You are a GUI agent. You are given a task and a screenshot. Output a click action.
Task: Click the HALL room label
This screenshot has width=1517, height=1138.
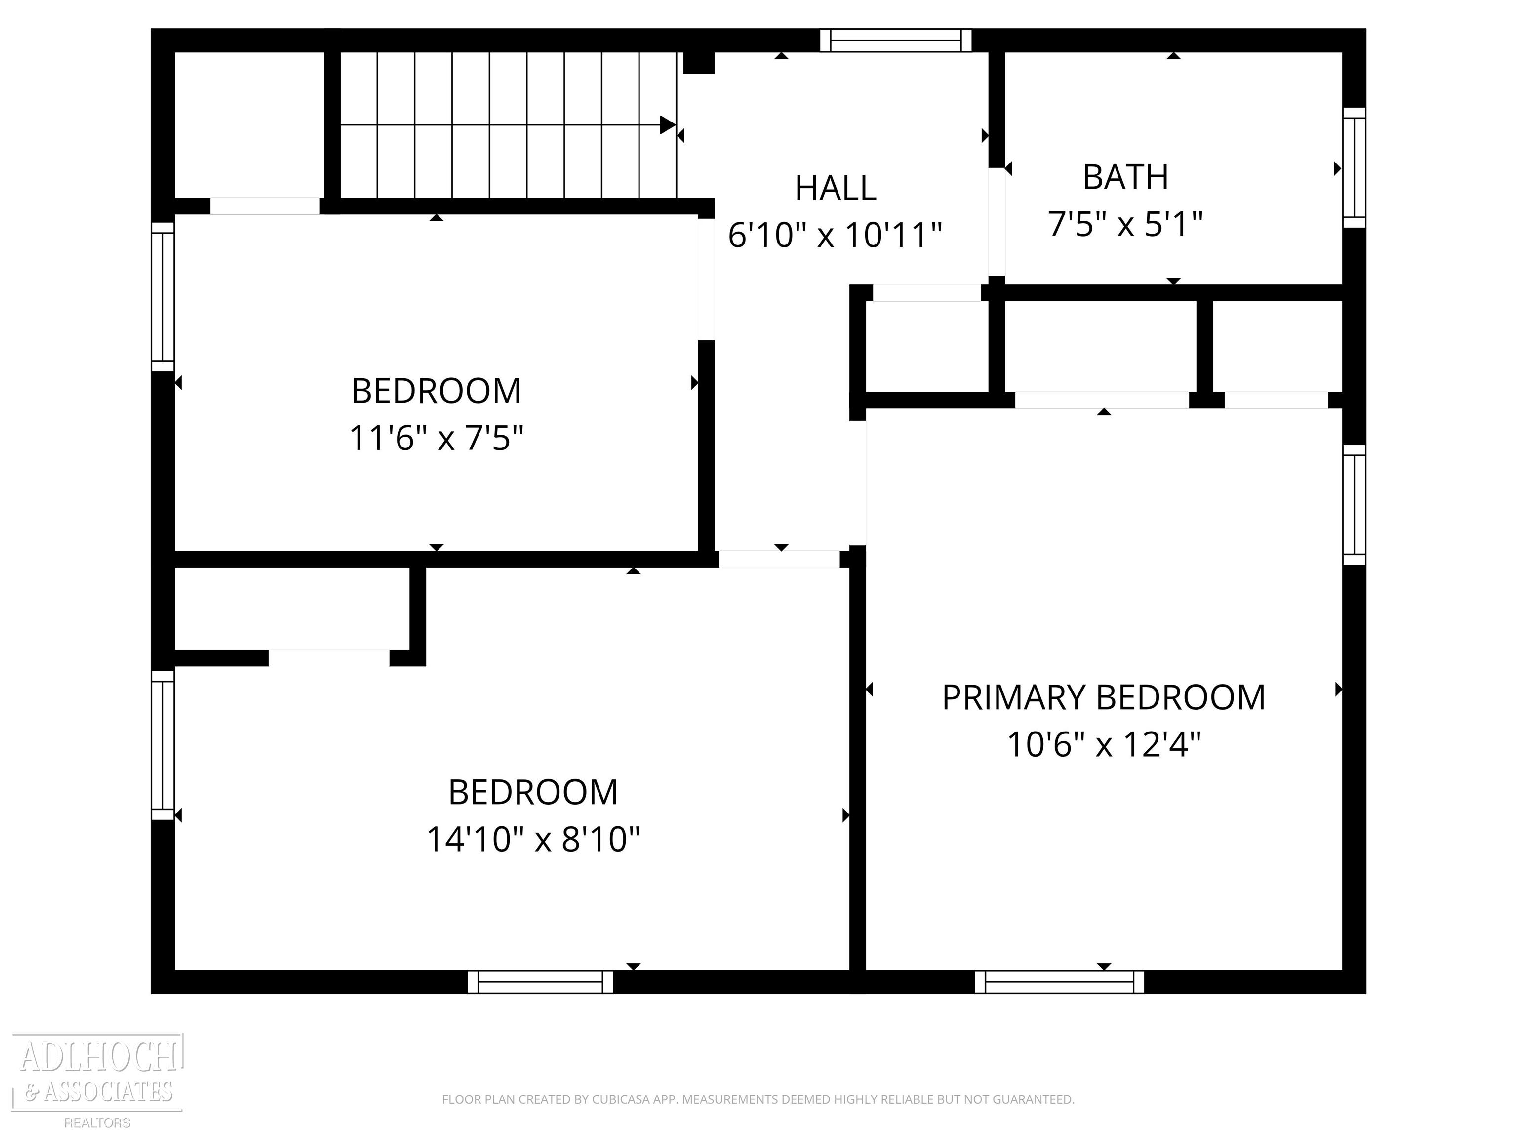[x=836, y=188]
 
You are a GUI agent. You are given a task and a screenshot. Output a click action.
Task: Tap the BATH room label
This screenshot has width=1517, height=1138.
[x=1125, y=177]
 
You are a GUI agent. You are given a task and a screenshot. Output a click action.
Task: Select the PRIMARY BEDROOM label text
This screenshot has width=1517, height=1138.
[x=1104, y=697]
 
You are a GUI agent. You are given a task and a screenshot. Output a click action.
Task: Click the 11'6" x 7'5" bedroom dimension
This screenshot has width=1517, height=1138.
[x=436, y=438]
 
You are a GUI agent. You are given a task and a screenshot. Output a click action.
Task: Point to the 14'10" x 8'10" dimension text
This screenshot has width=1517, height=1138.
[x=533, y=839]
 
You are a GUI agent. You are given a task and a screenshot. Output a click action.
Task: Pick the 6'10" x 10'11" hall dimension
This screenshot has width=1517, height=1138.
[x=835, y=235]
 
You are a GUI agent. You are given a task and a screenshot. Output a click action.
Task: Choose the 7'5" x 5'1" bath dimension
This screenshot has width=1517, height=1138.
[x=1125, y=224]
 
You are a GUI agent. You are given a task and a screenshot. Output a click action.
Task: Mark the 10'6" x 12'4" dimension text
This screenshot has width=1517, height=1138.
[x=1104, y=744]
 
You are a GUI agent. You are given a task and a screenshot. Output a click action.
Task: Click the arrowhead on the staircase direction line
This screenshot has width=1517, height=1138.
[x=667, y=125]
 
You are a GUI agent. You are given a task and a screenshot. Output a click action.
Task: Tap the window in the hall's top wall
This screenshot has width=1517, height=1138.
[x=896, y=41]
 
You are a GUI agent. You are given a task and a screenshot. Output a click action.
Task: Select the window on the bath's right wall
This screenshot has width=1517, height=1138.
[x=1354, y=167]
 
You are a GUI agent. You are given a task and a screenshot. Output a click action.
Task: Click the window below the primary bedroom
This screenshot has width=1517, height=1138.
[x=1060, y=981]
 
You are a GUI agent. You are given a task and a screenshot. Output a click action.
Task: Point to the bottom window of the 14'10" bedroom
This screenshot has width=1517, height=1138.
[x=540, y=981]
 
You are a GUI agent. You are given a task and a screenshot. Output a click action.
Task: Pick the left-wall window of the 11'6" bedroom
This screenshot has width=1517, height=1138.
[x=162, y=297]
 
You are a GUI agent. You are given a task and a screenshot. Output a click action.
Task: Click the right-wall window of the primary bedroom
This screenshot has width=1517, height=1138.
[x=1354, y=505]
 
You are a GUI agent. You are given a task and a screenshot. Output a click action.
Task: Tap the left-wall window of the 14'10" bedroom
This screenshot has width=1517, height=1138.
[x=162, y=745]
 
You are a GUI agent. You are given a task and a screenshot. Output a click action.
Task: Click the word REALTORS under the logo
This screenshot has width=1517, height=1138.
[x=97, y=1123]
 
